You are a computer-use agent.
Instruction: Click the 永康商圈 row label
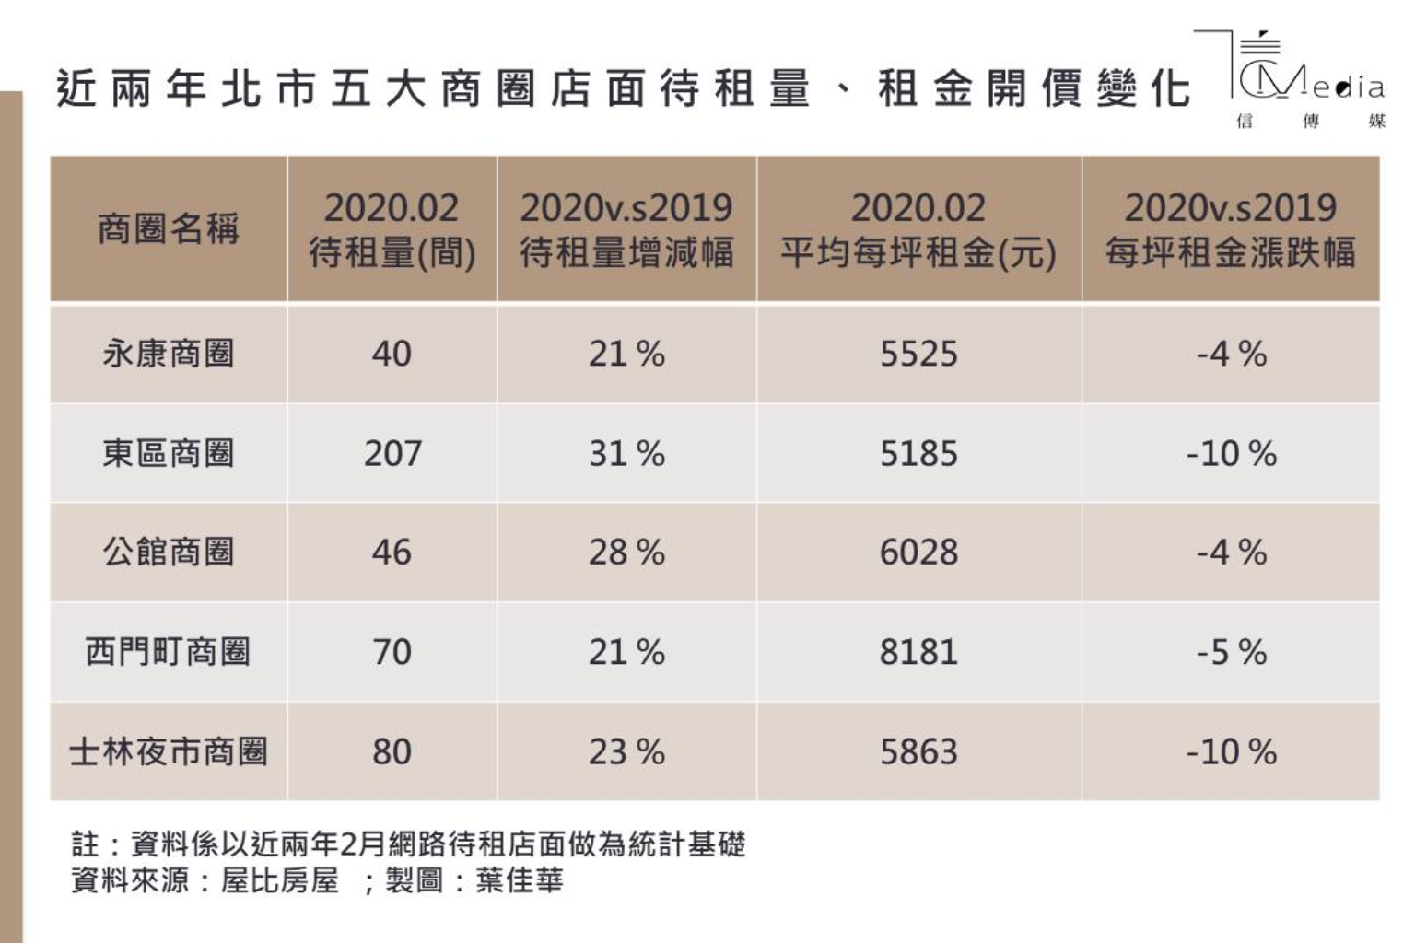click(169, 354)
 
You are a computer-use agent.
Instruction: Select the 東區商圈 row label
click(169, 453)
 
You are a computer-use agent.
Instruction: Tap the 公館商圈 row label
click(169, 553)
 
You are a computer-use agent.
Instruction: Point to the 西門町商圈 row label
click(169, 652)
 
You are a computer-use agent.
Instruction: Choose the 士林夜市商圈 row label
click(169, 751)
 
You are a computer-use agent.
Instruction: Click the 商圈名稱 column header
click(169, 228)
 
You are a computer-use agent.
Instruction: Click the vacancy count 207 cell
click(392, 453)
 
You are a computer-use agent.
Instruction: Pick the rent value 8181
click(918, 652)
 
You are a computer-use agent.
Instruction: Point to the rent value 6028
click(918, 553)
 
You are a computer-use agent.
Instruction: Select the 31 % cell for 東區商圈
click(626, 453)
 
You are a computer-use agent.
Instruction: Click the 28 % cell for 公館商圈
click(626, 553)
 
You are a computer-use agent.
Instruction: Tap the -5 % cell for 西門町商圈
click(1231, 652)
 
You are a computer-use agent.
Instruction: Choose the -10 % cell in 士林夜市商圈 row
click(1231, 751)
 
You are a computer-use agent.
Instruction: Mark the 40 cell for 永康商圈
click(392, 354)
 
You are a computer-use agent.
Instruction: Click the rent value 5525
click(918, 354)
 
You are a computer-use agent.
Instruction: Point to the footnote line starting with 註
click(408, 844)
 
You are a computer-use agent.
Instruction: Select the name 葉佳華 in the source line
click(520, 880)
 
